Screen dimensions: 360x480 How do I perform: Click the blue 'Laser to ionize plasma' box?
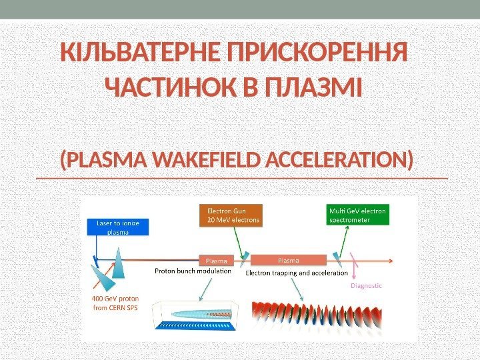(x=118, y=227)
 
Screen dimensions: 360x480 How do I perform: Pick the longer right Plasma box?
(x=288, y=260)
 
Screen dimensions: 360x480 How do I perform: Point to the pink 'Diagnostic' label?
(x=366, y=285)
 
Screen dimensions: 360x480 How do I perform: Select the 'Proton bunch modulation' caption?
(x=193, y=271)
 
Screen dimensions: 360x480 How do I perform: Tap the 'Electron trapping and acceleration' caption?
(x=297, y=273)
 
